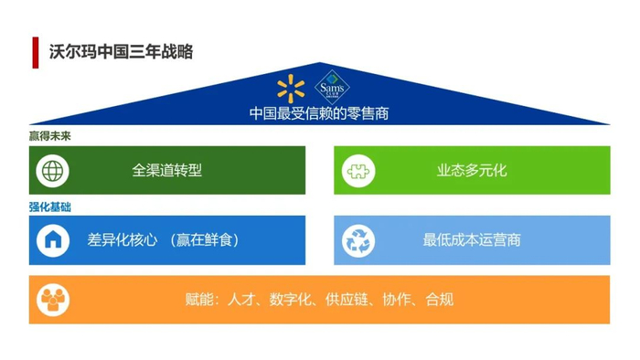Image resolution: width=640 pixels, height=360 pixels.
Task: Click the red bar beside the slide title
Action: coord(36,53)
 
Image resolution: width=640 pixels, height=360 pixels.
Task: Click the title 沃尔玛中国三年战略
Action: coord(122,52)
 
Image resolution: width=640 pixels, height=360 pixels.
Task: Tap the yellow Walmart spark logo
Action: coord(291,89)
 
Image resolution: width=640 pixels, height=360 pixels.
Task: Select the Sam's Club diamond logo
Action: coord(332,87)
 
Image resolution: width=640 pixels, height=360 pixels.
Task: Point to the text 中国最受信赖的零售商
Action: coord(319,113)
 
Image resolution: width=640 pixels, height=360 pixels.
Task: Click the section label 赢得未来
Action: coord(49,136)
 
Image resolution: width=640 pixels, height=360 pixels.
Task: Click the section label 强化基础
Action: coord(49,207)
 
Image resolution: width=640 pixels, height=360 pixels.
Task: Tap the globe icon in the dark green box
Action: coord(53,171)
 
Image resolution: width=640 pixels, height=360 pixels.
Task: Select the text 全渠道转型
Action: coord(167,171)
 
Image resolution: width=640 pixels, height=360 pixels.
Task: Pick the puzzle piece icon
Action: coord(358,171)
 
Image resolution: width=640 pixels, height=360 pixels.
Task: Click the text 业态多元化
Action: coord(472,171)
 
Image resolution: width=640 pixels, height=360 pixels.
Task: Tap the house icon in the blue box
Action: coord(53,240)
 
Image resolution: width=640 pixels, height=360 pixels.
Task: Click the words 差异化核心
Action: coord(122,239)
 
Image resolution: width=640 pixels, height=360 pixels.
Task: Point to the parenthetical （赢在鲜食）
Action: coord(205,239)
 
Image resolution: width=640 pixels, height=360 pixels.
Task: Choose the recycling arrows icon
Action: coord(358,241)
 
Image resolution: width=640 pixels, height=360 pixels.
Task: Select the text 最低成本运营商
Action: coord(472,239)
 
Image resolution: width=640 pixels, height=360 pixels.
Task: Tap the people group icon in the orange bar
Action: coord(53,300)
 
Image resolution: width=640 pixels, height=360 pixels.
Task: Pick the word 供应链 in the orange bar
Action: coord(347,300)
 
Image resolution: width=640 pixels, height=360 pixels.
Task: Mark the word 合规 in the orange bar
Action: coord(440,300)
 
